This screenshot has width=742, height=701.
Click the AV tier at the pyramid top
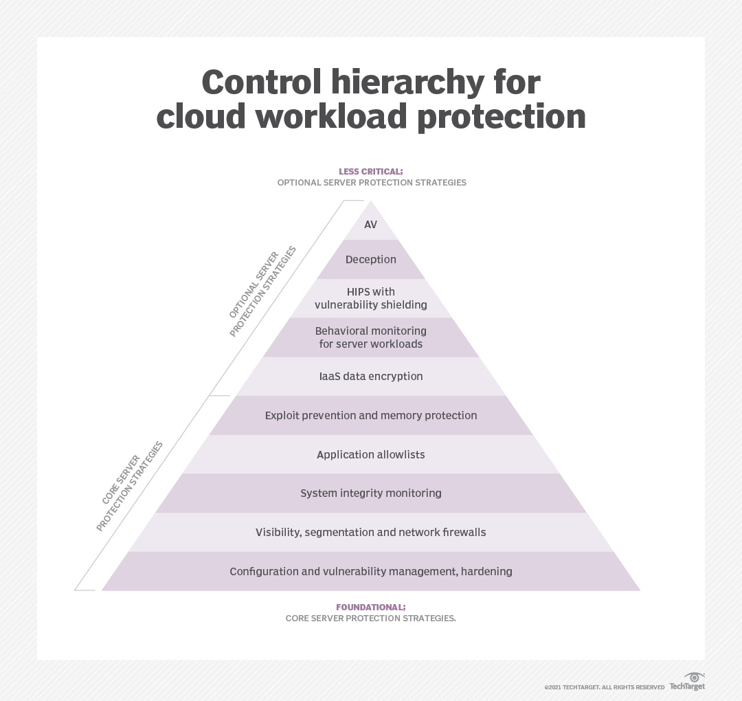[371, 225]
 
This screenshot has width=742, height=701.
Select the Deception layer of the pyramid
[371, 260]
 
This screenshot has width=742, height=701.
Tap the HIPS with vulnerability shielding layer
[371, 298]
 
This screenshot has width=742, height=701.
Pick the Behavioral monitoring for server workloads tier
[371, 337]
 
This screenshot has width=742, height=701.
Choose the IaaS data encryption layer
[371, 377]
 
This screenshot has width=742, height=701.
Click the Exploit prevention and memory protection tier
[371, 416]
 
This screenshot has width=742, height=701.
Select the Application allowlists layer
[371, 455]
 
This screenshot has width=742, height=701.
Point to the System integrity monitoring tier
[371, 493]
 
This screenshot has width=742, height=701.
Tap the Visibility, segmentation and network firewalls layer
[371, 533]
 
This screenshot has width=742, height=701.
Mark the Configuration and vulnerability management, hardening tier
[371, 572]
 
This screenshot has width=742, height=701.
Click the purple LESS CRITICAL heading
[371, 171]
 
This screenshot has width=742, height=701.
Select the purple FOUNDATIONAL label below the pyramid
[371, 608]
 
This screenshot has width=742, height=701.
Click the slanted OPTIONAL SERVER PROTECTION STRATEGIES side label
[262, 291]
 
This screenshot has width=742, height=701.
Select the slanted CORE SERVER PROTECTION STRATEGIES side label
[130, 485]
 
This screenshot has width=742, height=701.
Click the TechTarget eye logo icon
[695, 677]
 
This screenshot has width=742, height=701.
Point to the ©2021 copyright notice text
[605, 687]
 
